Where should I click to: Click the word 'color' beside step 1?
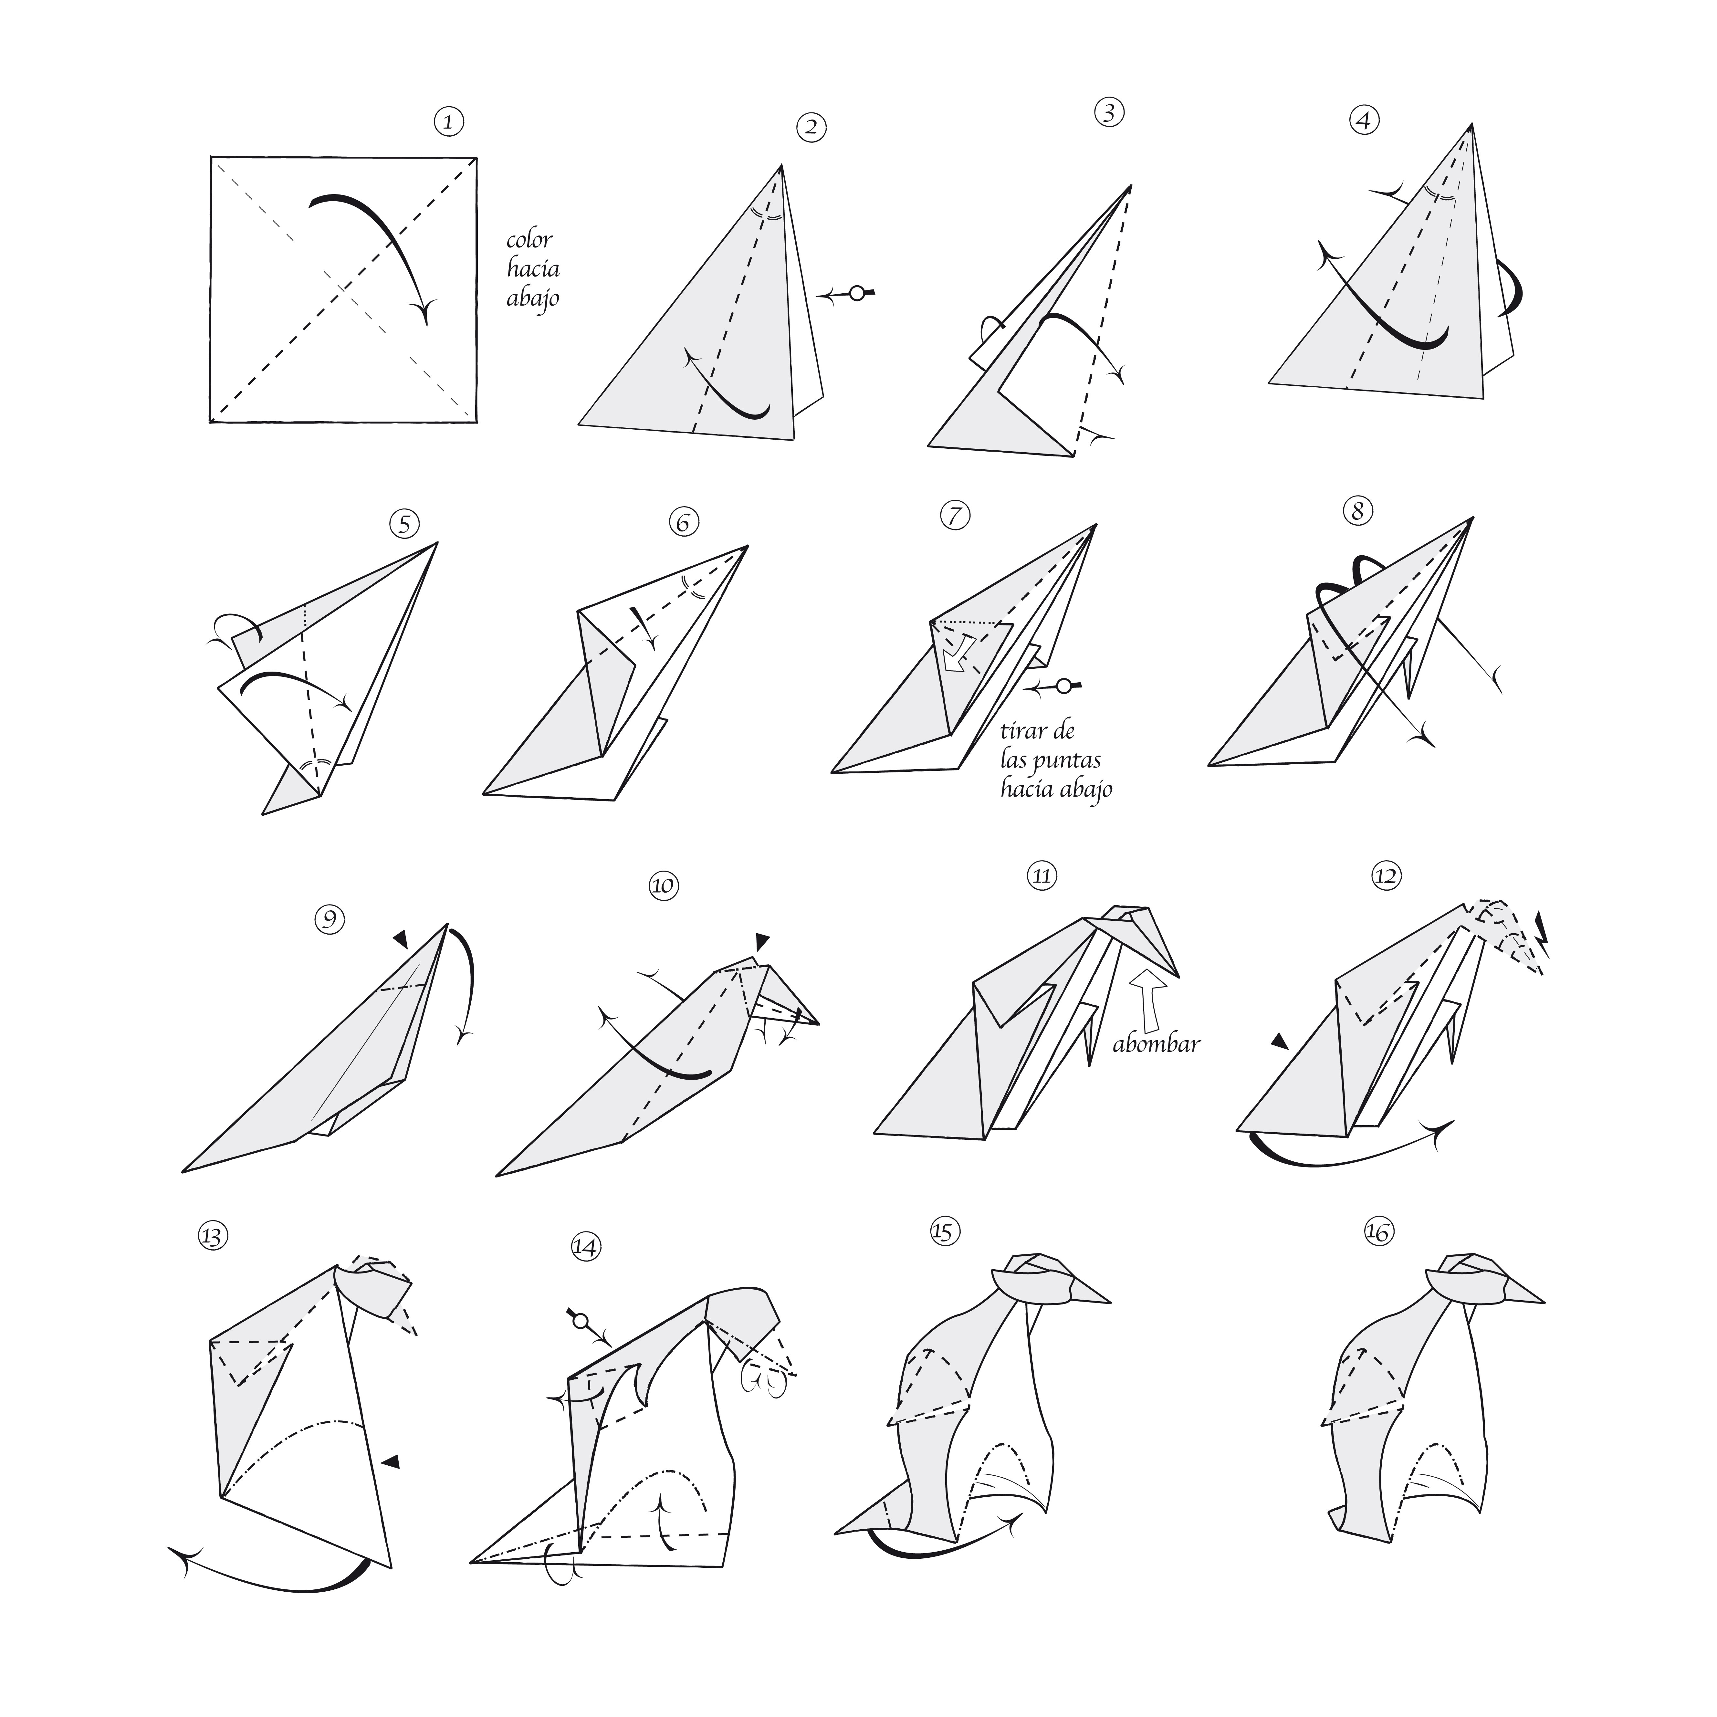(530, 240)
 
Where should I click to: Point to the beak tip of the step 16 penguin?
(1544, 1303)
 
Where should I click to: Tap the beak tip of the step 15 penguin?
(1110, 1303)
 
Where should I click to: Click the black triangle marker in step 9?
(402, 939)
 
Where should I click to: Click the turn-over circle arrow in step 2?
(847, 293)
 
